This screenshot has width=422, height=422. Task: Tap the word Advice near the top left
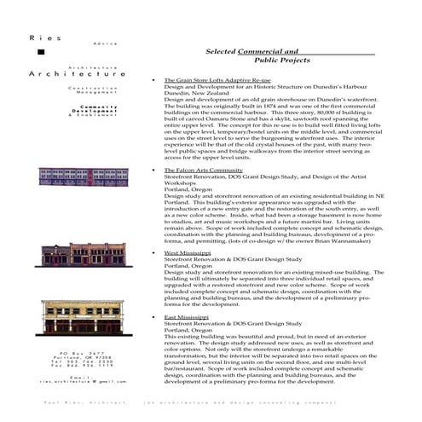[94, 42]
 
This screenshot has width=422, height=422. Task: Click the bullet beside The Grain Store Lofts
[152, 80]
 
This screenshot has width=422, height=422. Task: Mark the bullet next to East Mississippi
[152, 317]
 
